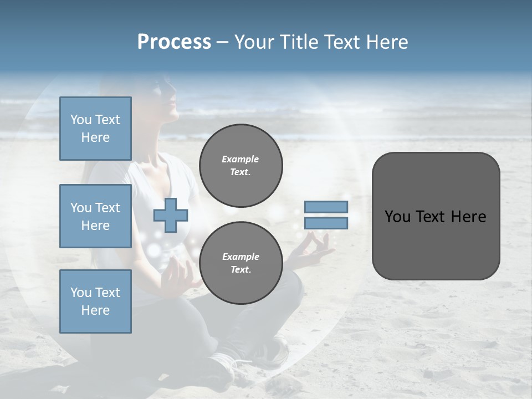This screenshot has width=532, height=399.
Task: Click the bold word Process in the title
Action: tap(174, 42)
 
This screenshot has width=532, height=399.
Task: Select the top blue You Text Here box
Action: tap(95, 129)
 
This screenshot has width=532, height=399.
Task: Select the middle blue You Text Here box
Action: tap(95, 216)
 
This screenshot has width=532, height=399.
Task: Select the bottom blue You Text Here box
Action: tap(95, 301)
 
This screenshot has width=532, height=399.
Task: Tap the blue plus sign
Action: tap(171, 216)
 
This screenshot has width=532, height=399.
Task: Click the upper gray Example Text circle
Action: tap(241, 165)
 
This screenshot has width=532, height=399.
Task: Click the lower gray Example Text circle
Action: tap(241, 263)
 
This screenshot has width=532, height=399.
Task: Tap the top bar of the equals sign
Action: tap(326, 207)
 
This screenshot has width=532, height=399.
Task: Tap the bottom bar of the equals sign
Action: tap(326, 223)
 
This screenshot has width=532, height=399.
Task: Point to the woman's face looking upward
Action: tap(166, 94)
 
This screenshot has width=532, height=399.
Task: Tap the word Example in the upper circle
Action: tap(241, 159)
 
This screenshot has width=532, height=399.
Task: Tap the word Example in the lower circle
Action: tap(241, 257)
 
